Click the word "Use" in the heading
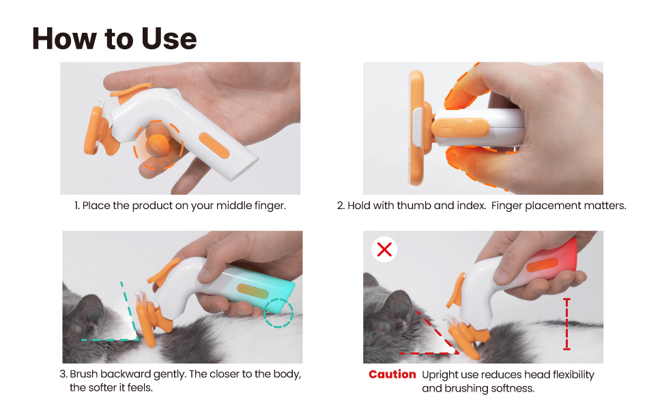(169, 39)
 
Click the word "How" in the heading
(65, 39)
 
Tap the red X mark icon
(384, 249)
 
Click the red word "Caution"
(392, 374)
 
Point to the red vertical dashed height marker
(566, 324)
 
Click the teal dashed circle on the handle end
(278, 313)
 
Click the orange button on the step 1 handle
(214, 146)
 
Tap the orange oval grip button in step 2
(460, 127)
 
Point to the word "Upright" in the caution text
(440, 375)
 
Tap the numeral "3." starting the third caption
(63, 374)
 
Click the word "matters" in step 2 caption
(603, 206)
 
